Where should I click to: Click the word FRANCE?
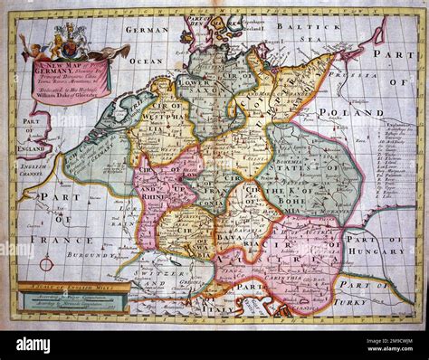pyautogui.click(x=74, y=240)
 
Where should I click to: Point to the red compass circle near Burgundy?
pyautogui.click(x=46, y=264)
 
